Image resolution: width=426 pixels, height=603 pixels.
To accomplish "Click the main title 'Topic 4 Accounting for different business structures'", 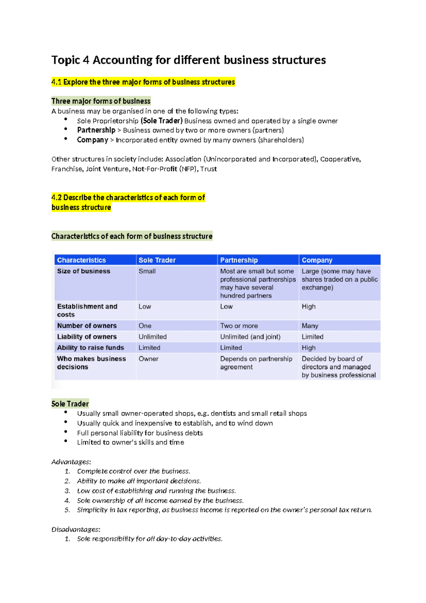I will click(189, 60).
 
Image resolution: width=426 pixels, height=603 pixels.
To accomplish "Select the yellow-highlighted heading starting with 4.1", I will click(143, 82).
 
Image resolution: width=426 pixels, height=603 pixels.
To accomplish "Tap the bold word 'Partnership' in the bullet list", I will click(96, 130).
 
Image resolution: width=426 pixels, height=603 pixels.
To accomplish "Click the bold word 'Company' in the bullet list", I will click(92, 140).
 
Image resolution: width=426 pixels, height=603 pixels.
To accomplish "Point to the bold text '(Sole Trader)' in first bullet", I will click(162, 121).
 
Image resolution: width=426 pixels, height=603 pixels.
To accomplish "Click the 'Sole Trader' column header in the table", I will click(157, 260).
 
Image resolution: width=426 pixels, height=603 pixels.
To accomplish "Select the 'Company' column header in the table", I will click(317, 260).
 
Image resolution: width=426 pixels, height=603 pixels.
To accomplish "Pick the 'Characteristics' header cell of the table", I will click(81, 260).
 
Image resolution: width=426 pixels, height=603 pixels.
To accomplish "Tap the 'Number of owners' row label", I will click(87, 326).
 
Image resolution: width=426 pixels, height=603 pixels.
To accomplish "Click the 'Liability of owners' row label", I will click(87, 337).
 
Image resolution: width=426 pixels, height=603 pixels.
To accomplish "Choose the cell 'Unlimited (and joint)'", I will click(250, 337).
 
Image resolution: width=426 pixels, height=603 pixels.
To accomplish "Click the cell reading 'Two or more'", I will click(239, 326).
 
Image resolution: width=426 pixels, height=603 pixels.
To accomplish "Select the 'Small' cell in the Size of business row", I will click(147, 271).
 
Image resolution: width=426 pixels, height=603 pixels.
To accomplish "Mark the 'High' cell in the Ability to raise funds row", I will click(308, 348).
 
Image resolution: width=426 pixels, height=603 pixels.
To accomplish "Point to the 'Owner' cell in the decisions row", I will click(148, 359).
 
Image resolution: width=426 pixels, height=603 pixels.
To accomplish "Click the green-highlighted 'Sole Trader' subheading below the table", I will click(70, 404).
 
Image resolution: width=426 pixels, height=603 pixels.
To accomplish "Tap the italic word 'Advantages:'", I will click(71, 462).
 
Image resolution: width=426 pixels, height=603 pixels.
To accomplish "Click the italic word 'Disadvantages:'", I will click(76, 529).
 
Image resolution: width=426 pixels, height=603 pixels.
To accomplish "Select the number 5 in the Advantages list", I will click(67, 510).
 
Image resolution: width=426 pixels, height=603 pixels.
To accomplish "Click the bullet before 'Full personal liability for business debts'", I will click(66, 432).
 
